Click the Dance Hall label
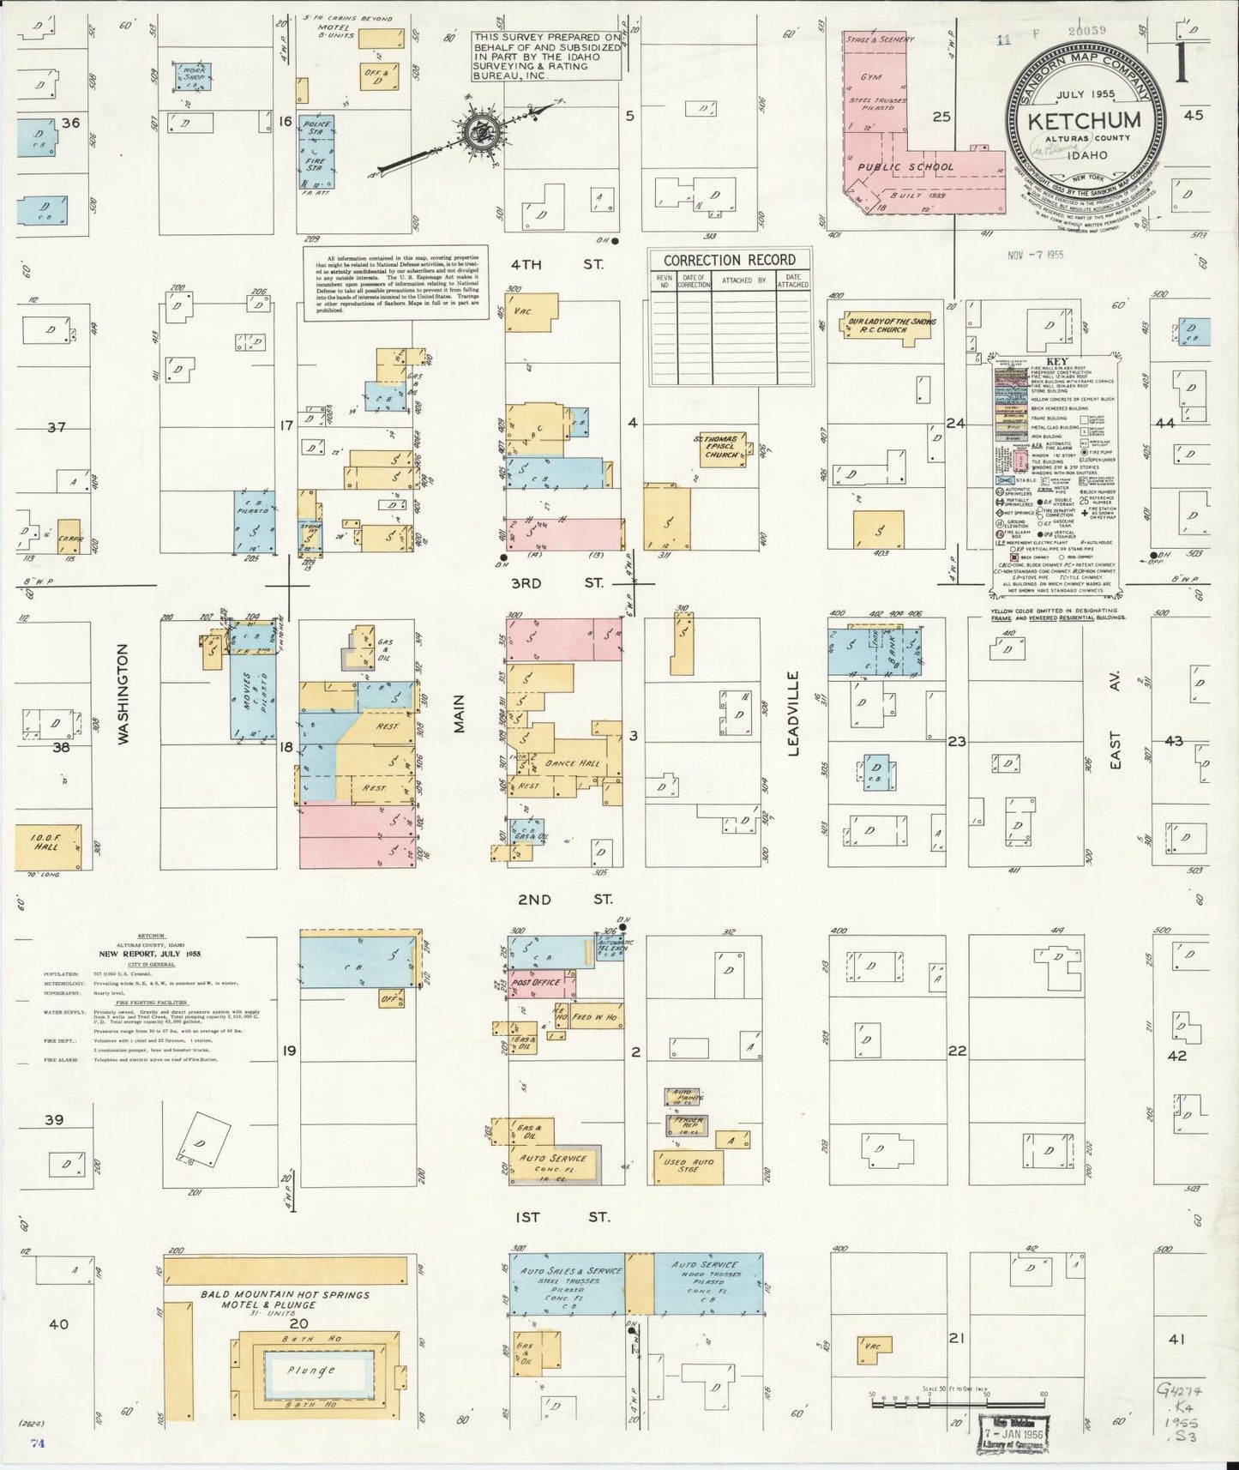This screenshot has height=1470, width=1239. click(x=578, y=764)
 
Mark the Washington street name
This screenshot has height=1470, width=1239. click(x=123, y=694)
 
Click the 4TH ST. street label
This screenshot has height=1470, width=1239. click(x=557, y=265)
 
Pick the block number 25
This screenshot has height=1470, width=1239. click(x=941, y=117)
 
